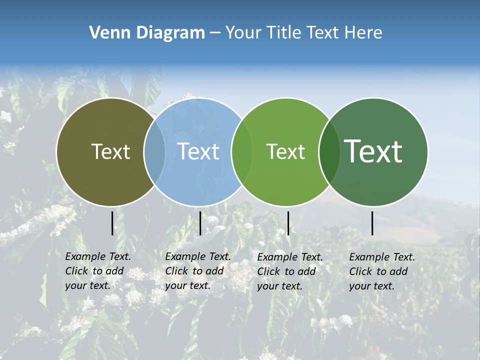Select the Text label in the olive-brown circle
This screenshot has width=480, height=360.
[110, 151]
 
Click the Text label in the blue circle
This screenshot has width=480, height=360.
[198, 151]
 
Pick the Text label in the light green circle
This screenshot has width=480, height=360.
[285, 151]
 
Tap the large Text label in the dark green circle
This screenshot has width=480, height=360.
[373, 151]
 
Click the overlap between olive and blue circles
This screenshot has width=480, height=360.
[154, 151]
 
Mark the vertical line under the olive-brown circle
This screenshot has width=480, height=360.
[112, 223]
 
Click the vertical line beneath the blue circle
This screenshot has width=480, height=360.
[200, 223]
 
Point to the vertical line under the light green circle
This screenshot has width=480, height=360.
[288, 223]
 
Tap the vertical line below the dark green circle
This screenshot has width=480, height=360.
[372, 223]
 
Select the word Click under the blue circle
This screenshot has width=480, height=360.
[176, 271]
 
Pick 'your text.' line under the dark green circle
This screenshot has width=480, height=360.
[372, 286]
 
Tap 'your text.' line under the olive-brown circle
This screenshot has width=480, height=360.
[87, 285]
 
